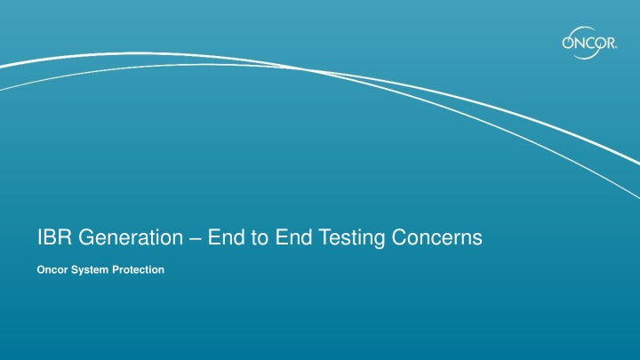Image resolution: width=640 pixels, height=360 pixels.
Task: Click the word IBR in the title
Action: [x=52, y=237]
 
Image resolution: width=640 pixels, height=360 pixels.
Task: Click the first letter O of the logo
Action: [x=568, y=44]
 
